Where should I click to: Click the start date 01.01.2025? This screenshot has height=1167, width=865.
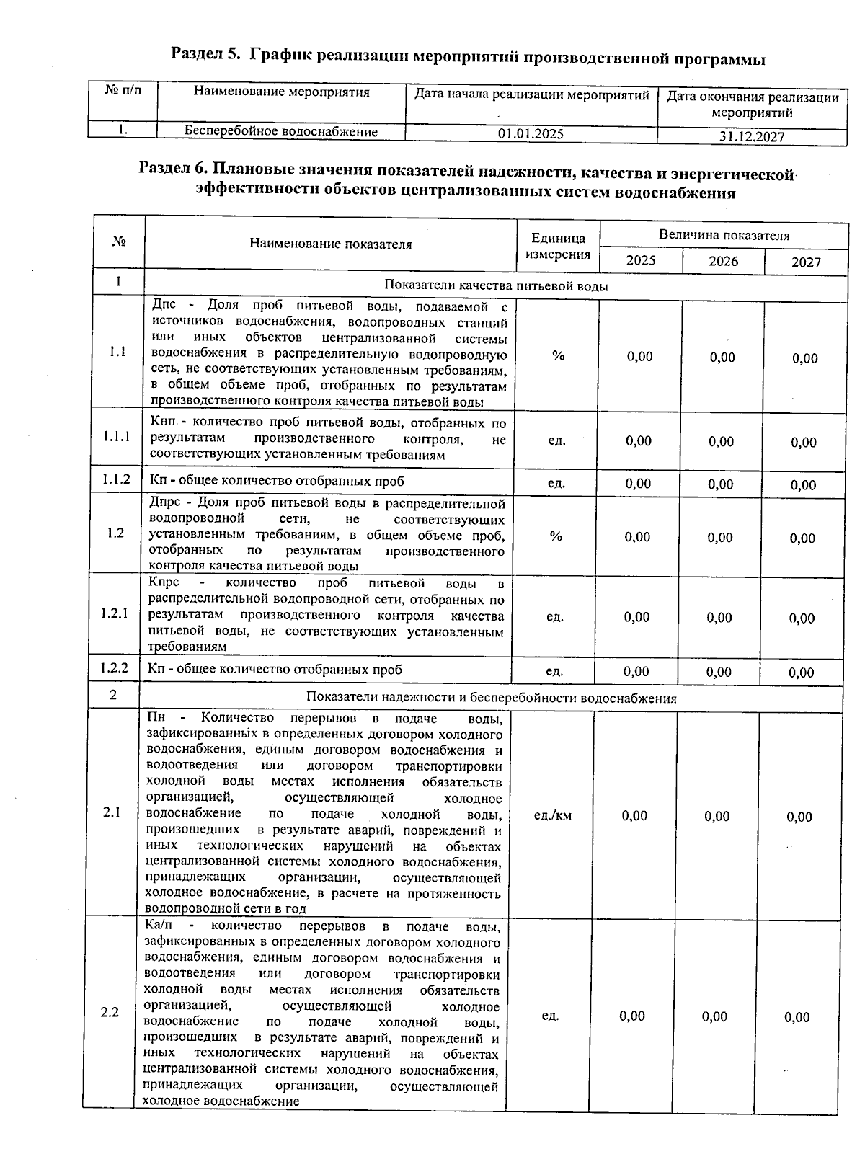[x=531, y=134]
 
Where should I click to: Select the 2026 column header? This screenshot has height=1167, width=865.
[x=723, y=261]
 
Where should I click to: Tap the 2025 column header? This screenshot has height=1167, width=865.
[x=640, y=260]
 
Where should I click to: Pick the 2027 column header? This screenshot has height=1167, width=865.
[x=806, y=262]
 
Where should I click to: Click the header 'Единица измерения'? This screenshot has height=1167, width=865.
[x=558, y=246]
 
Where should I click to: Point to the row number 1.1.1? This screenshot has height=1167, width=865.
[x=117, y=437]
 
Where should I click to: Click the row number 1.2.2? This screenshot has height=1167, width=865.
[x=115, y=668]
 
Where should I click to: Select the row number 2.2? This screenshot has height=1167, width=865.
[x=110, y=1013]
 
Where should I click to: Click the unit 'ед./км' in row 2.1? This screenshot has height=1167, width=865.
[x=553, y=815]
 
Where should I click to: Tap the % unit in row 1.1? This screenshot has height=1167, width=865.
[x=558, y=355]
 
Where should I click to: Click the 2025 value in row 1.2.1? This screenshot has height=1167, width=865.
[x=636, y=617]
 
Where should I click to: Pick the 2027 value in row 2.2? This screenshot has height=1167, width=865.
[x=797, y=1017]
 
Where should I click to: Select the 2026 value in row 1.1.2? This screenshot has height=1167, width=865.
[x=720, y=484]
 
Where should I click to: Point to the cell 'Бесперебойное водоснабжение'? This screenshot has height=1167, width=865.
[x=281, y=131]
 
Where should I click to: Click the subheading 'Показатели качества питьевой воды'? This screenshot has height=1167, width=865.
[x=496, y=286]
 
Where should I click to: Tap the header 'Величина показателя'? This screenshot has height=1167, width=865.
[x=724, y=236]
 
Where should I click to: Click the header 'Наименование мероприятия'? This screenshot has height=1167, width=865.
[x=282, y=92]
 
